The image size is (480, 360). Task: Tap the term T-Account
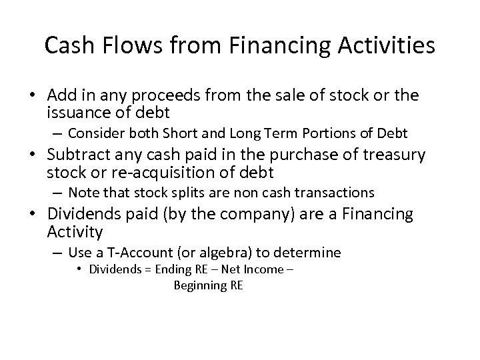coord(135,253)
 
